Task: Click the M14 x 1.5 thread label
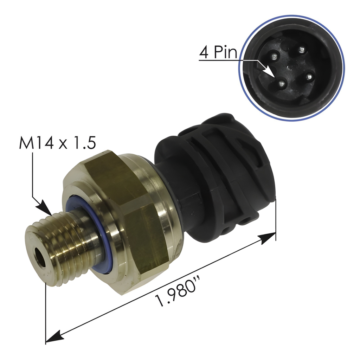click(x=57, y=143)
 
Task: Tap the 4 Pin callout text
click(x=218, y=53)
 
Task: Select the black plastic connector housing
click(x=218, y=169)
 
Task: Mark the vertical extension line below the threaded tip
click(x=46, y=309)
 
